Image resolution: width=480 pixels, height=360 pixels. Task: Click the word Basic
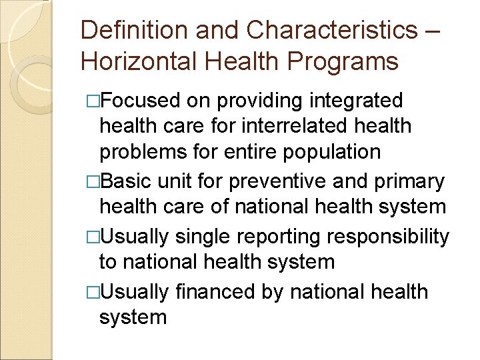tap(126, 181)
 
